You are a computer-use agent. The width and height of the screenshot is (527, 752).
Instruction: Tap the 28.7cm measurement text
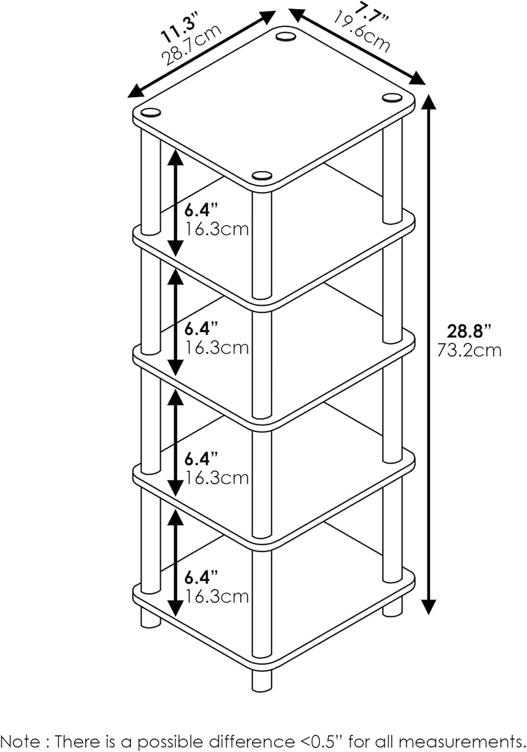click(192, 46)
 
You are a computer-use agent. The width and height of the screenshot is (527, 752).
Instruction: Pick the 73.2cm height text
click(469, 349)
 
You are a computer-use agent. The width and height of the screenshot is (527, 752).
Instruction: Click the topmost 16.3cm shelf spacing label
click(217, 229)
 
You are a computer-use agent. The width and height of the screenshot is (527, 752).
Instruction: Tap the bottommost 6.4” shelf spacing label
click(201, 578)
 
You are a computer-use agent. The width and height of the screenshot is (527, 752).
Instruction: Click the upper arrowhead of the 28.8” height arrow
click(428, 102)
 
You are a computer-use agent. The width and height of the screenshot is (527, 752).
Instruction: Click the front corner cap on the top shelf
click(261, 175)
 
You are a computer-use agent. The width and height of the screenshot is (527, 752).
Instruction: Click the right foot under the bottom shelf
click(392, 608)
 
